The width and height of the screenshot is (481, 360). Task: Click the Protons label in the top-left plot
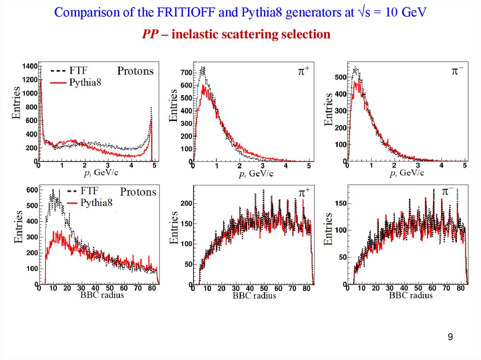(x=135, y=71)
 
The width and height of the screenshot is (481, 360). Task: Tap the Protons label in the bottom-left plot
(x=138, y=192)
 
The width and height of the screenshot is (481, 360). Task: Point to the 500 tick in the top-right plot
(x=341, y=77)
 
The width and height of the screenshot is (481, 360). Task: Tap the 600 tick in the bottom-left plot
(x=31, y=190)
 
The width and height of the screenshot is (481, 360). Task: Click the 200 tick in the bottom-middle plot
(x=187, y=203)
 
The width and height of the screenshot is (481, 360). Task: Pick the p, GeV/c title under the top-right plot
(x=407, y=173)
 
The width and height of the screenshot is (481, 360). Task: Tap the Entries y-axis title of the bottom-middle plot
(x=174, y=227)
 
